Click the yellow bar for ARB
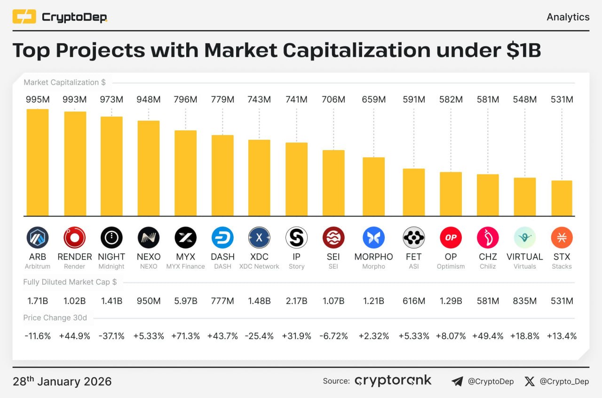(x=37, y=162)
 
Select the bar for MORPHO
(x=373, y=186)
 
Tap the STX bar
(x=562, y=198)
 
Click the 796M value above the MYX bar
(x=185, y=100)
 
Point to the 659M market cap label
(x=373, y=100)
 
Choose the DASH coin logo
(x=222, y=238)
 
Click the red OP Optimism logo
(x=451, y=238)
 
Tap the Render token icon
(x=74, y=238)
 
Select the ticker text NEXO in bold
(x=149, y=257)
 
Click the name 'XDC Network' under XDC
(x=259, y=267)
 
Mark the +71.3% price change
(x=185, y=336)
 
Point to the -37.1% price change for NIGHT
(x=111, y=336)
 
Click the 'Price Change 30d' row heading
(x=55, y=318)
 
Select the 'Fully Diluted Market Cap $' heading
(x=70, y=282)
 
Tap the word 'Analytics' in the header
(x=568, y=17)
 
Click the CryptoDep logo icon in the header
(x=24, y=17)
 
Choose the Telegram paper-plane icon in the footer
(x=457, y=382)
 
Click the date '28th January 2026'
(x=62, y=381)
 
